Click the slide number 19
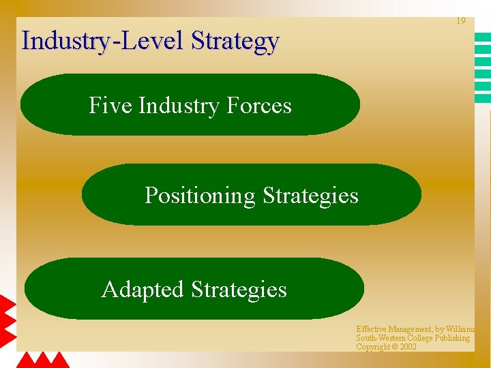(461, 21)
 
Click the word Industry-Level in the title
(104, 41)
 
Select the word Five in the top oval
(110, 106)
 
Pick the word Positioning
(200, 196)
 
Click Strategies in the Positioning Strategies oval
(310, 196)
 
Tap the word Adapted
(143, 290)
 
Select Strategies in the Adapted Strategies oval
(239, 290)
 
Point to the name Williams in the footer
(458, 329)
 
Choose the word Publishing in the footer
(451, 338)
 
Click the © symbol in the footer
(395, 347)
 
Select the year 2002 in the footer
(408, 347)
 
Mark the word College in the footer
(421, 338)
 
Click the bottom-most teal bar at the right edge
(483, 99)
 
